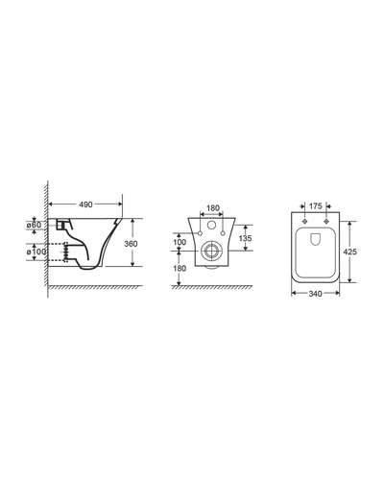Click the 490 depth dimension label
point(85,204)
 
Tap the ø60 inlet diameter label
point(34,225)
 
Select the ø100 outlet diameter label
point(36,252)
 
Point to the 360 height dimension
point(131,244)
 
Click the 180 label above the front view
point(213,208)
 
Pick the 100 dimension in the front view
point(180,242)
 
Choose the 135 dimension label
point(245,238)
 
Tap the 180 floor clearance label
point(180,268)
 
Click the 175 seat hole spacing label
point(316,206)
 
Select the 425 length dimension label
point(350,252)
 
